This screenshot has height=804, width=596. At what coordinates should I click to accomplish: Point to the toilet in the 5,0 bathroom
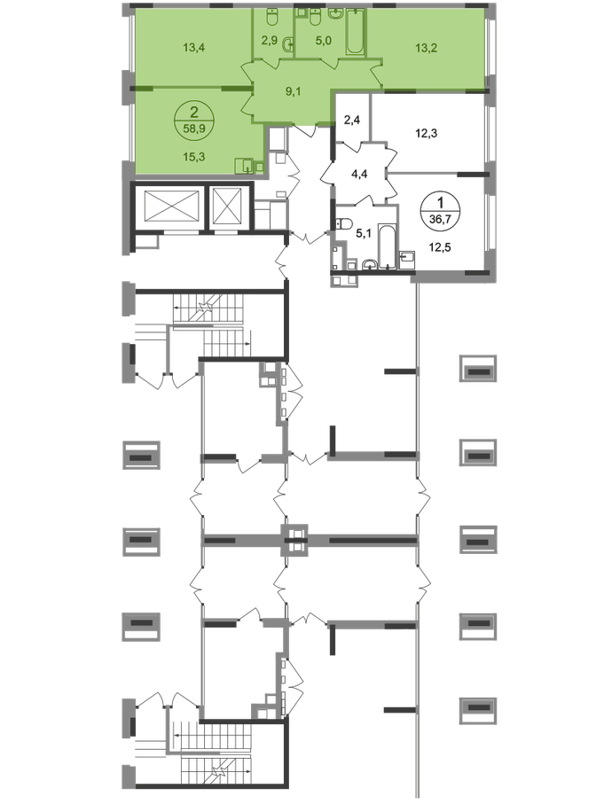[335, 13]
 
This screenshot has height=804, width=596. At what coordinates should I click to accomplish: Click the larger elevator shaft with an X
[169, 208]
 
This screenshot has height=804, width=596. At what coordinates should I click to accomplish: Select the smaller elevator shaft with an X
[229, 208]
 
